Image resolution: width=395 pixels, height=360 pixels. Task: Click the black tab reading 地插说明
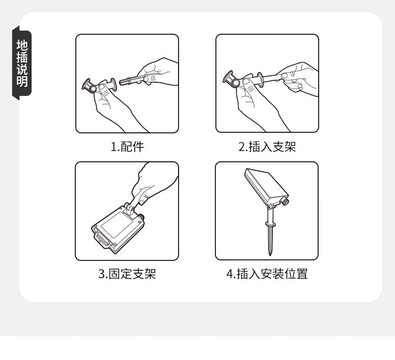point(22,63)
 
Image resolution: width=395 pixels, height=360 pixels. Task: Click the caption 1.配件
point(127,147)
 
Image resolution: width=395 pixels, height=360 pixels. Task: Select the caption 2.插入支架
point(267,147)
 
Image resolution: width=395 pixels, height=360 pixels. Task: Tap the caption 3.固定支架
point(127,274)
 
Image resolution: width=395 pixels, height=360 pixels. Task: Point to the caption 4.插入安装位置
point(267,274)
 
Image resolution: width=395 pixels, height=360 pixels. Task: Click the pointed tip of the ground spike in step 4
point(270,256)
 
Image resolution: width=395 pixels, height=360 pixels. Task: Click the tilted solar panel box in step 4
point(266,187)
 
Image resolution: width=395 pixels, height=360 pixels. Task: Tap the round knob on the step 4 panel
point(285,201)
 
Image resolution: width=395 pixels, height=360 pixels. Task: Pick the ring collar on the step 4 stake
point(270,224)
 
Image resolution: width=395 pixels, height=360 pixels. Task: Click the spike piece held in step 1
point(134,81)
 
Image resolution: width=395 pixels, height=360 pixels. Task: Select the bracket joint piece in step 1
point(99,85)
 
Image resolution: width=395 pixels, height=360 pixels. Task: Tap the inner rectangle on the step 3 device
point(116,225)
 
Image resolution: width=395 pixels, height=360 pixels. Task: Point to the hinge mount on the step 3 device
point(130,209)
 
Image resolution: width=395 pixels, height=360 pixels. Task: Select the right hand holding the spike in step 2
point(299,78)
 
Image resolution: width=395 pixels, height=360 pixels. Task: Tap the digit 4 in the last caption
point(230,274)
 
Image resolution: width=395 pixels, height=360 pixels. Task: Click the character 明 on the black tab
point(22,81)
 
